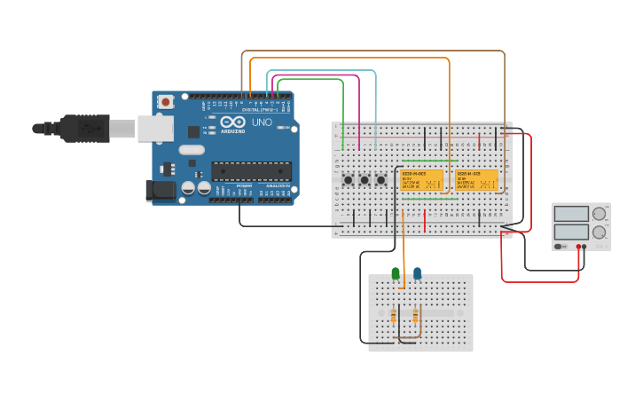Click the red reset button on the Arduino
click(165, 103)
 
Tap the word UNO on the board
click(263, 122)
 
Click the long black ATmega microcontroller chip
click(251, 171)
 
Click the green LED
click(396, 273)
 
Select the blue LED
click(418, 273)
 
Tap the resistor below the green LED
click(394, 315)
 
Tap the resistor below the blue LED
click(415, 315)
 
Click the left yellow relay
click(421, 180)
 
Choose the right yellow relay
click(477, 180)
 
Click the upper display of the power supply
click(571, 214)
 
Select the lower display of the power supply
click(571, 233)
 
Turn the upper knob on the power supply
click(600, 214)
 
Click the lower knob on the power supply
click(600, 233)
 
